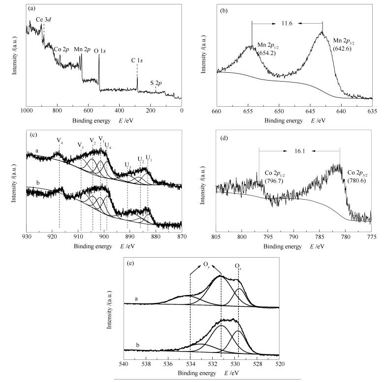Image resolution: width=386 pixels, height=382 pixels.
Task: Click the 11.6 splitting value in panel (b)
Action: point(287,23)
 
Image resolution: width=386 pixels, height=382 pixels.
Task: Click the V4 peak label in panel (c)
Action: point(60,141)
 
